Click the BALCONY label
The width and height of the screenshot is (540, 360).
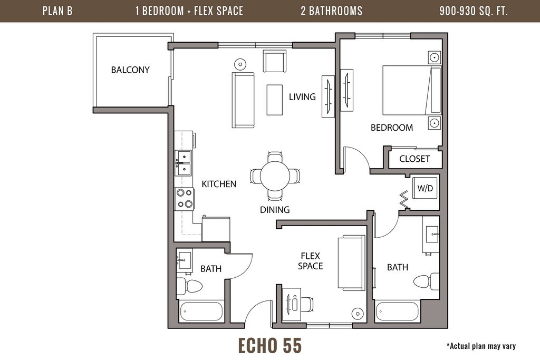(130, 70)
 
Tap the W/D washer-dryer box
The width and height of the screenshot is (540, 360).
(425, 188)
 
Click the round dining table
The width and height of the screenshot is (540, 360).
(275, 176)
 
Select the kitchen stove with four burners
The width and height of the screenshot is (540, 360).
(185, 199)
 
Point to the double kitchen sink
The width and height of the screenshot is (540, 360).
(183, 163)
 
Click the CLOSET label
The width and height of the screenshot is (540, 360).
(414, 159)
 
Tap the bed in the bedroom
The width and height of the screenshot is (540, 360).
(412, 90)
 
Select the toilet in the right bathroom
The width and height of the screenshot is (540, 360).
(426, 281)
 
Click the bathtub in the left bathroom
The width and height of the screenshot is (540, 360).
(201, 312)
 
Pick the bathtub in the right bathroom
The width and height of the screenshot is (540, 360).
(398, 312)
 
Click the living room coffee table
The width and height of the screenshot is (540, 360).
(274, 100)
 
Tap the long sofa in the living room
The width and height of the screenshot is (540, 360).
(243, 100)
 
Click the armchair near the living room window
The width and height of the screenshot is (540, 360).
(274, 61)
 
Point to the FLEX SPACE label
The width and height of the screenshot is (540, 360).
(310, 261)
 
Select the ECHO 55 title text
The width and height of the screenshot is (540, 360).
(270, 346)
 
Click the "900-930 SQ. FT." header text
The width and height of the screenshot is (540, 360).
(474, 11)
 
